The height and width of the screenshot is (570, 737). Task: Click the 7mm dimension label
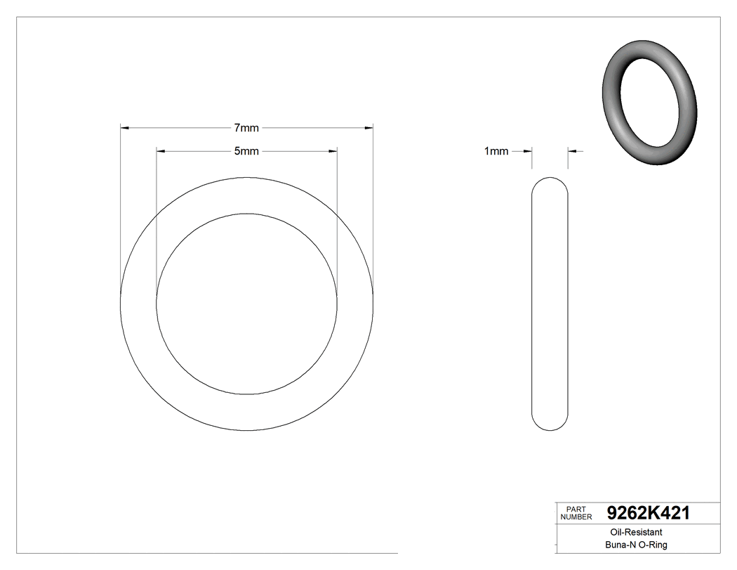tap(246, 128)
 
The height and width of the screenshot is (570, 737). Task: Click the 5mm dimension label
tap(246, 151)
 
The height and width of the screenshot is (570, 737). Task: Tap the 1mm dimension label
tap(496, 151)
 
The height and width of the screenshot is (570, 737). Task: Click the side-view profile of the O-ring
tap(550, 304)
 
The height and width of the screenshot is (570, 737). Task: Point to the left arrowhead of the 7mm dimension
tap(126, 128)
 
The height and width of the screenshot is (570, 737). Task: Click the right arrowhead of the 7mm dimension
tap(368, 128)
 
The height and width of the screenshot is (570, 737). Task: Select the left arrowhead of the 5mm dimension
tap(161, 151)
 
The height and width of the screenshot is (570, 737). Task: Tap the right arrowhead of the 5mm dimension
tap(333, 151)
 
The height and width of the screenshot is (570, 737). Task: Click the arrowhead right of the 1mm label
tap(528, 150)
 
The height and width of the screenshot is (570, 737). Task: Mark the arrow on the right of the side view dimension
tap(572, 150)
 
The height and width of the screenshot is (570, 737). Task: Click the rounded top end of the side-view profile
tap(550, 184)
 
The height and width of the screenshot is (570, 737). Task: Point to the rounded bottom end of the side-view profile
tap(550, 423)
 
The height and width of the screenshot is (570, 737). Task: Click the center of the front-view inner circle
tap(246, 304)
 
